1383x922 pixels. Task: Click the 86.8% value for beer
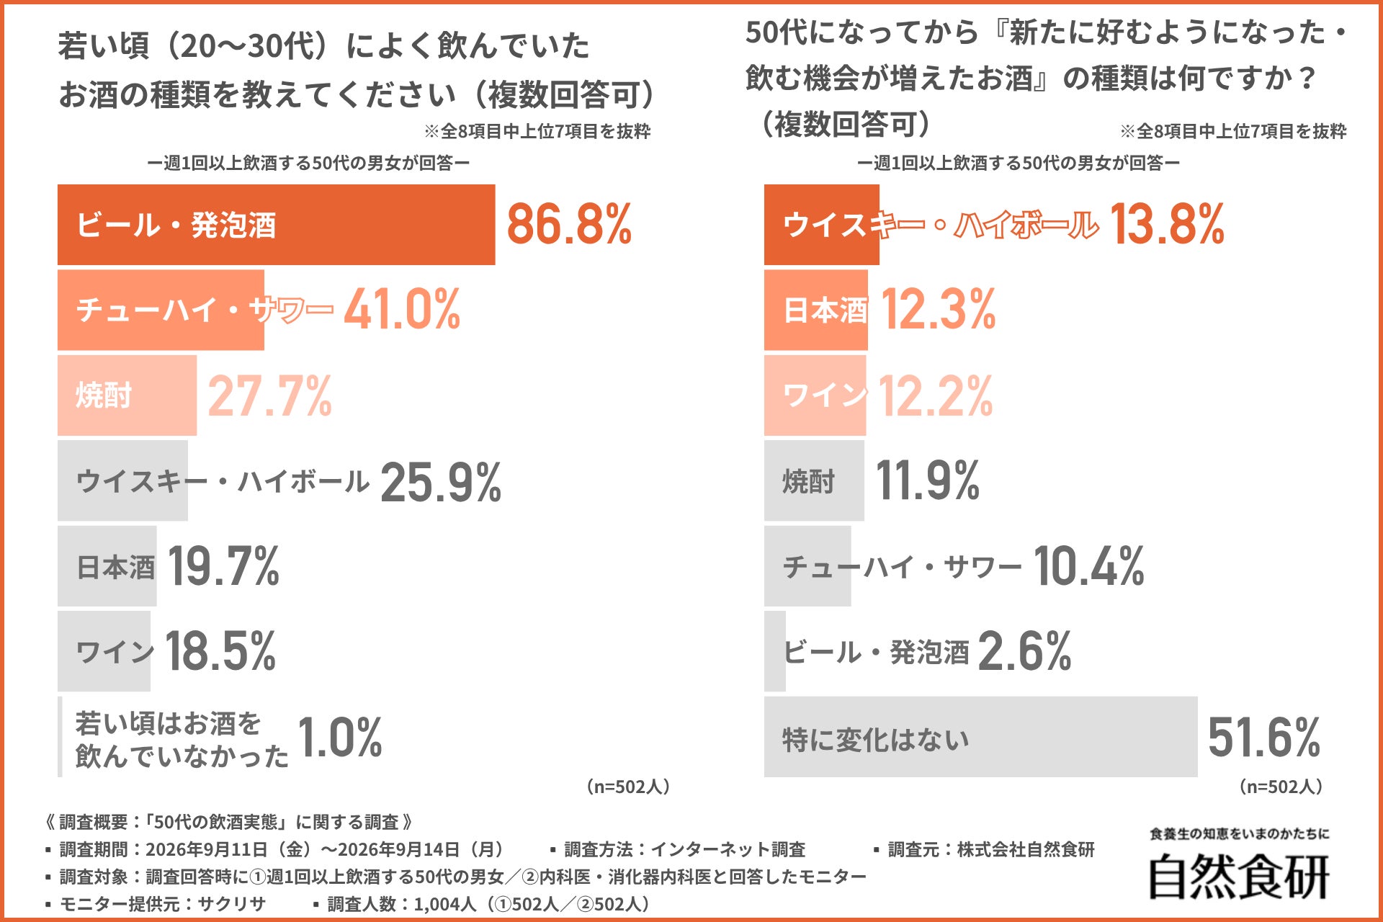coord(569,224)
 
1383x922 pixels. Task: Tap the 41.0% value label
coord(402,310)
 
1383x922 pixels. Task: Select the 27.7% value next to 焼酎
coord(270,395)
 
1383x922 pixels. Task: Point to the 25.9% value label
coord(441,481)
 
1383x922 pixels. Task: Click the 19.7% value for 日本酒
coord(223,566)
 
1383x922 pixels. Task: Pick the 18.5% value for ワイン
coord(220,651)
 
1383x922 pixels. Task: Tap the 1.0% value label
coord(339,737)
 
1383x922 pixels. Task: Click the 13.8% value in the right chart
coord(1167,224)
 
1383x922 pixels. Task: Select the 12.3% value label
coord(938,310)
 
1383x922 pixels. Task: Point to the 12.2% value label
coord(936,395)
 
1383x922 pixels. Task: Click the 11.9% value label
coord(928,481)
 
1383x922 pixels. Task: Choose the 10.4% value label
coord(1089,566)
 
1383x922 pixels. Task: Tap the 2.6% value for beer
coord(1024,651)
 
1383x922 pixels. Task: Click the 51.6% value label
coord(1264,737)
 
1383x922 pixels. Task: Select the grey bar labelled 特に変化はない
coord(980,737)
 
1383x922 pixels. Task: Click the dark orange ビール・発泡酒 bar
coord(276,225)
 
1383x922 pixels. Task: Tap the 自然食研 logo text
coord(1239,876)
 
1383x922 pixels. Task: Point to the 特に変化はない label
coord(876,740)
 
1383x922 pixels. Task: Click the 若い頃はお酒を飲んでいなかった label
coord(182,739)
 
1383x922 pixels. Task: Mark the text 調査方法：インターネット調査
coord(684,849)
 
